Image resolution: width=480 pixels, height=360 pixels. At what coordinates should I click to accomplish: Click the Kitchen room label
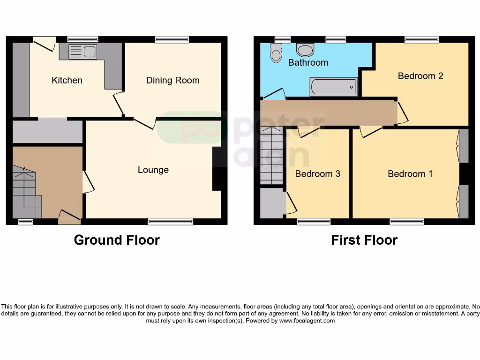(x=67, y=80)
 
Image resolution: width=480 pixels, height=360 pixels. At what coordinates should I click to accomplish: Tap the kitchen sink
(x=82, y=52)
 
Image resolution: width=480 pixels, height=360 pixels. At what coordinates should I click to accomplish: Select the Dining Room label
(x=172, y=80)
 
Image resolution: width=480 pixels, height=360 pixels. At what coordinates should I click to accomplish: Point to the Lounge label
(x=153, y=170)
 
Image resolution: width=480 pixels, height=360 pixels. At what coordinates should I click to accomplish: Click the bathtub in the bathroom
(x=333, y=87)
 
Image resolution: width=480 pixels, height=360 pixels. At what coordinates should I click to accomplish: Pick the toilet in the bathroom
(x=276, y=53)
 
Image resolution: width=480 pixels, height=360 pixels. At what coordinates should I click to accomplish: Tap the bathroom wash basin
(x=305, y=49)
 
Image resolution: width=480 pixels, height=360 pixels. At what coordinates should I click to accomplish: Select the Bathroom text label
(x=308, y=62)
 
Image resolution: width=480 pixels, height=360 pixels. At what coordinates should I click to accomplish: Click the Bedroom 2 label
(x=420, y=75)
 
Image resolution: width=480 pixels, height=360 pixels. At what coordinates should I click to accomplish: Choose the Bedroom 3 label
(x=317, y=173)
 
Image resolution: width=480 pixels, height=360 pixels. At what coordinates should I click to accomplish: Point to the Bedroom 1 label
(x=410, y=173)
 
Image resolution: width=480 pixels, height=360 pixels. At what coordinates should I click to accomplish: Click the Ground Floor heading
(x=117, y=240)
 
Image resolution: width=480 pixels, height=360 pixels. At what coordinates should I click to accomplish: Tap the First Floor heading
(x=364, y=240)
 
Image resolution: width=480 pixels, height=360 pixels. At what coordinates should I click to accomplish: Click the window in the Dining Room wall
(x=172, y=40)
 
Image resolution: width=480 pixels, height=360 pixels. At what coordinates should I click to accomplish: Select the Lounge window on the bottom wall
(x=171, y=221)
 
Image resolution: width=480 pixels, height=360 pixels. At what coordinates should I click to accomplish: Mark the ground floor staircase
(x=26, y=192)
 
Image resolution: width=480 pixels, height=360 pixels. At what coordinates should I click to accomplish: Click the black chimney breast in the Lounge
(x=217, y=169)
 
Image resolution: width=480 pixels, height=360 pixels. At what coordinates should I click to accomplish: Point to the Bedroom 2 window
(x=422, y=40)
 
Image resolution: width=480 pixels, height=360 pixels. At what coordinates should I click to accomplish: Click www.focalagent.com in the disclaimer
(x=307, y=321)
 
